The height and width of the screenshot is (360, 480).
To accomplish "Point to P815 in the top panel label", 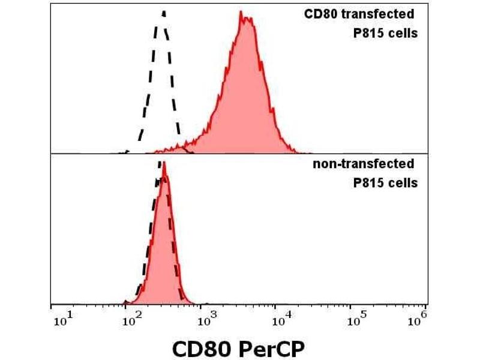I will [368, 33].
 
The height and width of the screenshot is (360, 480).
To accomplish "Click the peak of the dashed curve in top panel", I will [163, 11].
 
